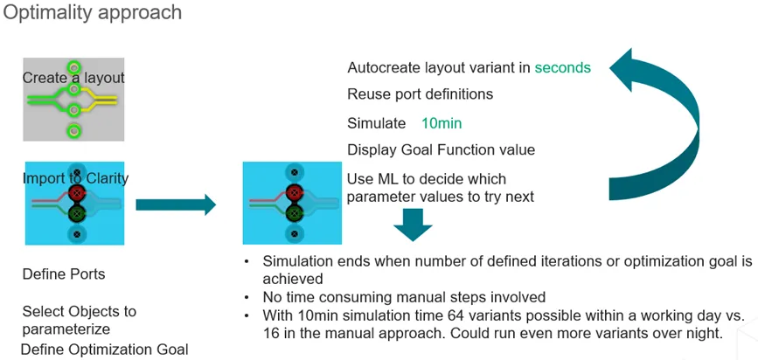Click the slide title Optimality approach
pos(93,13)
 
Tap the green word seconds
pos(562,67)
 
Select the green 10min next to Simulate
pos(441,123)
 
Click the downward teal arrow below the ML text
pos(413,225)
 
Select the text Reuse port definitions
pos(420,94)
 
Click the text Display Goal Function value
pos(441,150)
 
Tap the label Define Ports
pos(63,274)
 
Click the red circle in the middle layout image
pos(295,192)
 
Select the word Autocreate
pos(386,67)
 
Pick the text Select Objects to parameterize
pos(79,320)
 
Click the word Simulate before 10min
pos(376,123)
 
